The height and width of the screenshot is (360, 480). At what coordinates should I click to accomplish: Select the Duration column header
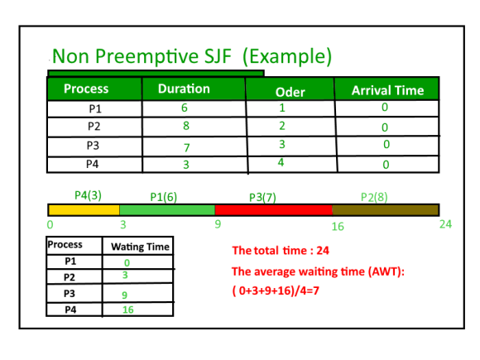pyautogui.click(x=184, y=89)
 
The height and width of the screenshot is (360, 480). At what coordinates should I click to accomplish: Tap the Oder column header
pyautogui.click(x=290, y=92)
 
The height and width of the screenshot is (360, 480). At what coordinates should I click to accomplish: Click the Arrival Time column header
pyautogui.click(x=387, y=90)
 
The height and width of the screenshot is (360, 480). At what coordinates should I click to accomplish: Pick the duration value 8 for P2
pyautogui.click(x=186, y=126)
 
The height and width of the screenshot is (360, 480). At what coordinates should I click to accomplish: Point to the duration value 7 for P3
pyautogui.click(x=187, y=148)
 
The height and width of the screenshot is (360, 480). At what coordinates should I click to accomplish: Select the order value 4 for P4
pyautogui.click(x=281, y=162)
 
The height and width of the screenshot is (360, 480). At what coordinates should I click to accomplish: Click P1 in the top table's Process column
pyautogui.click(x=95, y=108)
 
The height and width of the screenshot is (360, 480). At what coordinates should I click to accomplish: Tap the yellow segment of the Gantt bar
pyautogui.click(x=84, y=210)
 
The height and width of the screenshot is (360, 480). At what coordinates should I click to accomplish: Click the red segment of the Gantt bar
pyautogui.click(x=274, y=210)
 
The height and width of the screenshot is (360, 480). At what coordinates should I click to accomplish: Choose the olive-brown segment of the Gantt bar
pyautogui.click(x=386, y=210)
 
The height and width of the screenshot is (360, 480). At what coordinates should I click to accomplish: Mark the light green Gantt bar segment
pyautogui.click(x=167, y=210)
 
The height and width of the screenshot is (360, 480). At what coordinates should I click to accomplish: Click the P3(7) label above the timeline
pyautogui.click(x=262, y=198)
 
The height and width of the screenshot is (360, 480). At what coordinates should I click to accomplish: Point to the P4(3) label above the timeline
pyautogui.click(x=89, y=195)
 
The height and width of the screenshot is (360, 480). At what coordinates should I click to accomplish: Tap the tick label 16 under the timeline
pyautogui.click(x=338, y=227)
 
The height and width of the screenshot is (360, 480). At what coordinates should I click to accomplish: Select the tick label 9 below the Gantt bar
pyautogui.click(x=218, y=224)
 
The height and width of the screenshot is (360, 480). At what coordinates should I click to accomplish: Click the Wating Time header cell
pyautogui.click(x=140, y=247)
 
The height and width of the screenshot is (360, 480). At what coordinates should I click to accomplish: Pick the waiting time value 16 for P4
pyautogui.click(x=128, y=310)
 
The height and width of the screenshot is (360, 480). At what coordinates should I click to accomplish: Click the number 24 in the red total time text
pyautogui.click(x=323, y=251)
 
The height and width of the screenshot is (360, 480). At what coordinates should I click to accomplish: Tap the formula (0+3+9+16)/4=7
pyautogui.click(x=276, y=290)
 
